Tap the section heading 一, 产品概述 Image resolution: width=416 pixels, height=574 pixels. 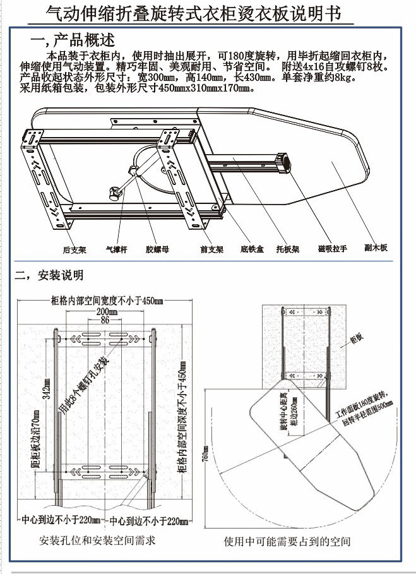(x=73, y=41)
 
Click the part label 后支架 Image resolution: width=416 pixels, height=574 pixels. (x=74, y=249)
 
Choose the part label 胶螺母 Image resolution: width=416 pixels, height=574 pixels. (x=157, y=249)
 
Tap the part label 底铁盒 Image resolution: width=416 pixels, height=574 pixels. (x=252, y=249)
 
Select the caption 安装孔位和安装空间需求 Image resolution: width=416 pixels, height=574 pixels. (x=97, y=541)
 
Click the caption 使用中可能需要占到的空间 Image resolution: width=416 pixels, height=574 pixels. (x=287, y=542)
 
